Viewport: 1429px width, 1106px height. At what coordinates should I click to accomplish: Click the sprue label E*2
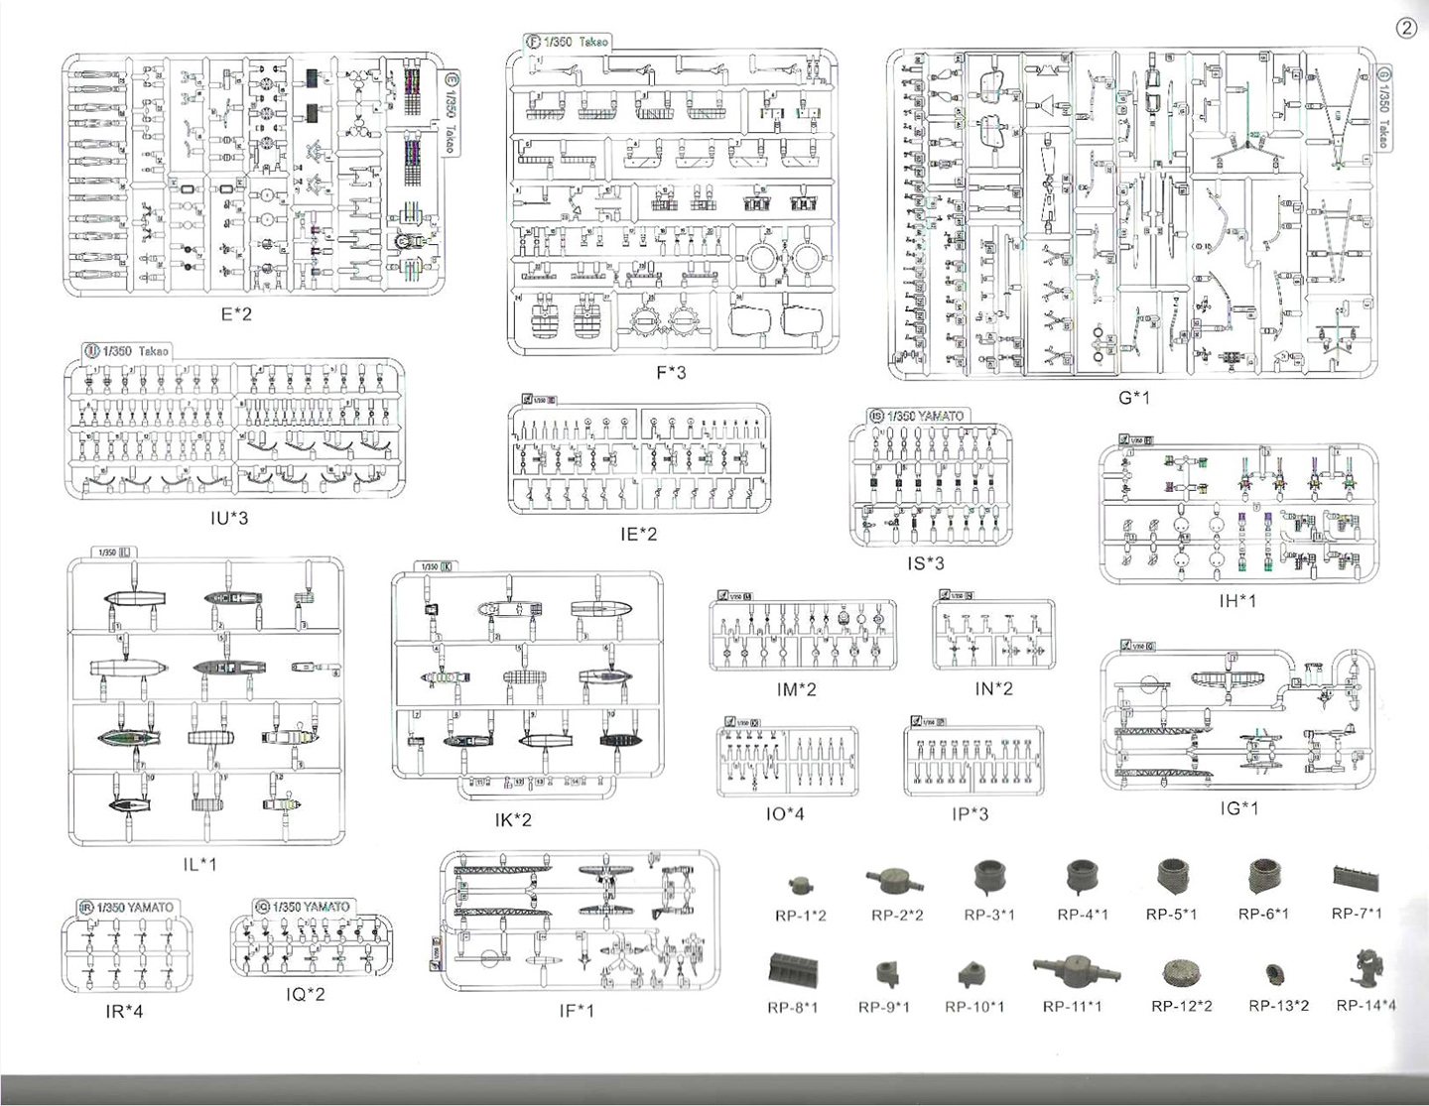[236, 314]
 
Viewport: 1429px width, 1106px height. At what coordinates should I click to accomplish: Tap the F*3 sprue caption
[671, 373]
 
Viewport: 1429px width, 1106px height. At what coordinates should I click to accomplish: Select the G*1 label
[1134, 398]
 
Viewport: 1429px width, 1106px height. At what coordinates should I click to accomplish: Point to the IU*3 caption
[229, 518]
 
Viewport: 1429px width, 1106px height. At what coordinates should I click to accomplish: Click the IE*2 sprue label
[638, 534]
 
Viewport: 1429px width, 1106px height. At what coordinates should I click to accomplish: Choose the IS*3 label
[926, 563]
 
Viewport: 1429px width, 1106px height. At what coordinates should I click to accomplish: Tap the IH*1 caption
[1237, 601]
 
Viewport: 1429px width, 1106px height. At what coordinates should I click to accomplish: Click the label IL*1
[199, 864]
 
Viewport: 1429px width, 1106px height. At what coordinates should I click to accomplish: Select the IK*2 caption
[513, 820]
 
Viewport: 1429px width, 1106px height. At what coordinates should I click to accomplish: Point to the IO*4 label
[784, 814]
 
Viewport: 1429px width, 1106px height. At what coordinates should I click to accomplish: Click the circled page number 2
[1406, 28]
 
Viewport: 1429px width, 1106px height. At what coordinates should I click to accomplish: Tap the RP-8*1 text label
[792, 1008]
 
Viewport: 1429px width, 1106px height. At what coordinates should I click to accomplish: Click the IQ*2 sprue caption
[305, 993]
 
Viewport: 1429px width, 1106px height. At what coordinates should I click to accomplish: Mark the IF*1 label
[576, 1011]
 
